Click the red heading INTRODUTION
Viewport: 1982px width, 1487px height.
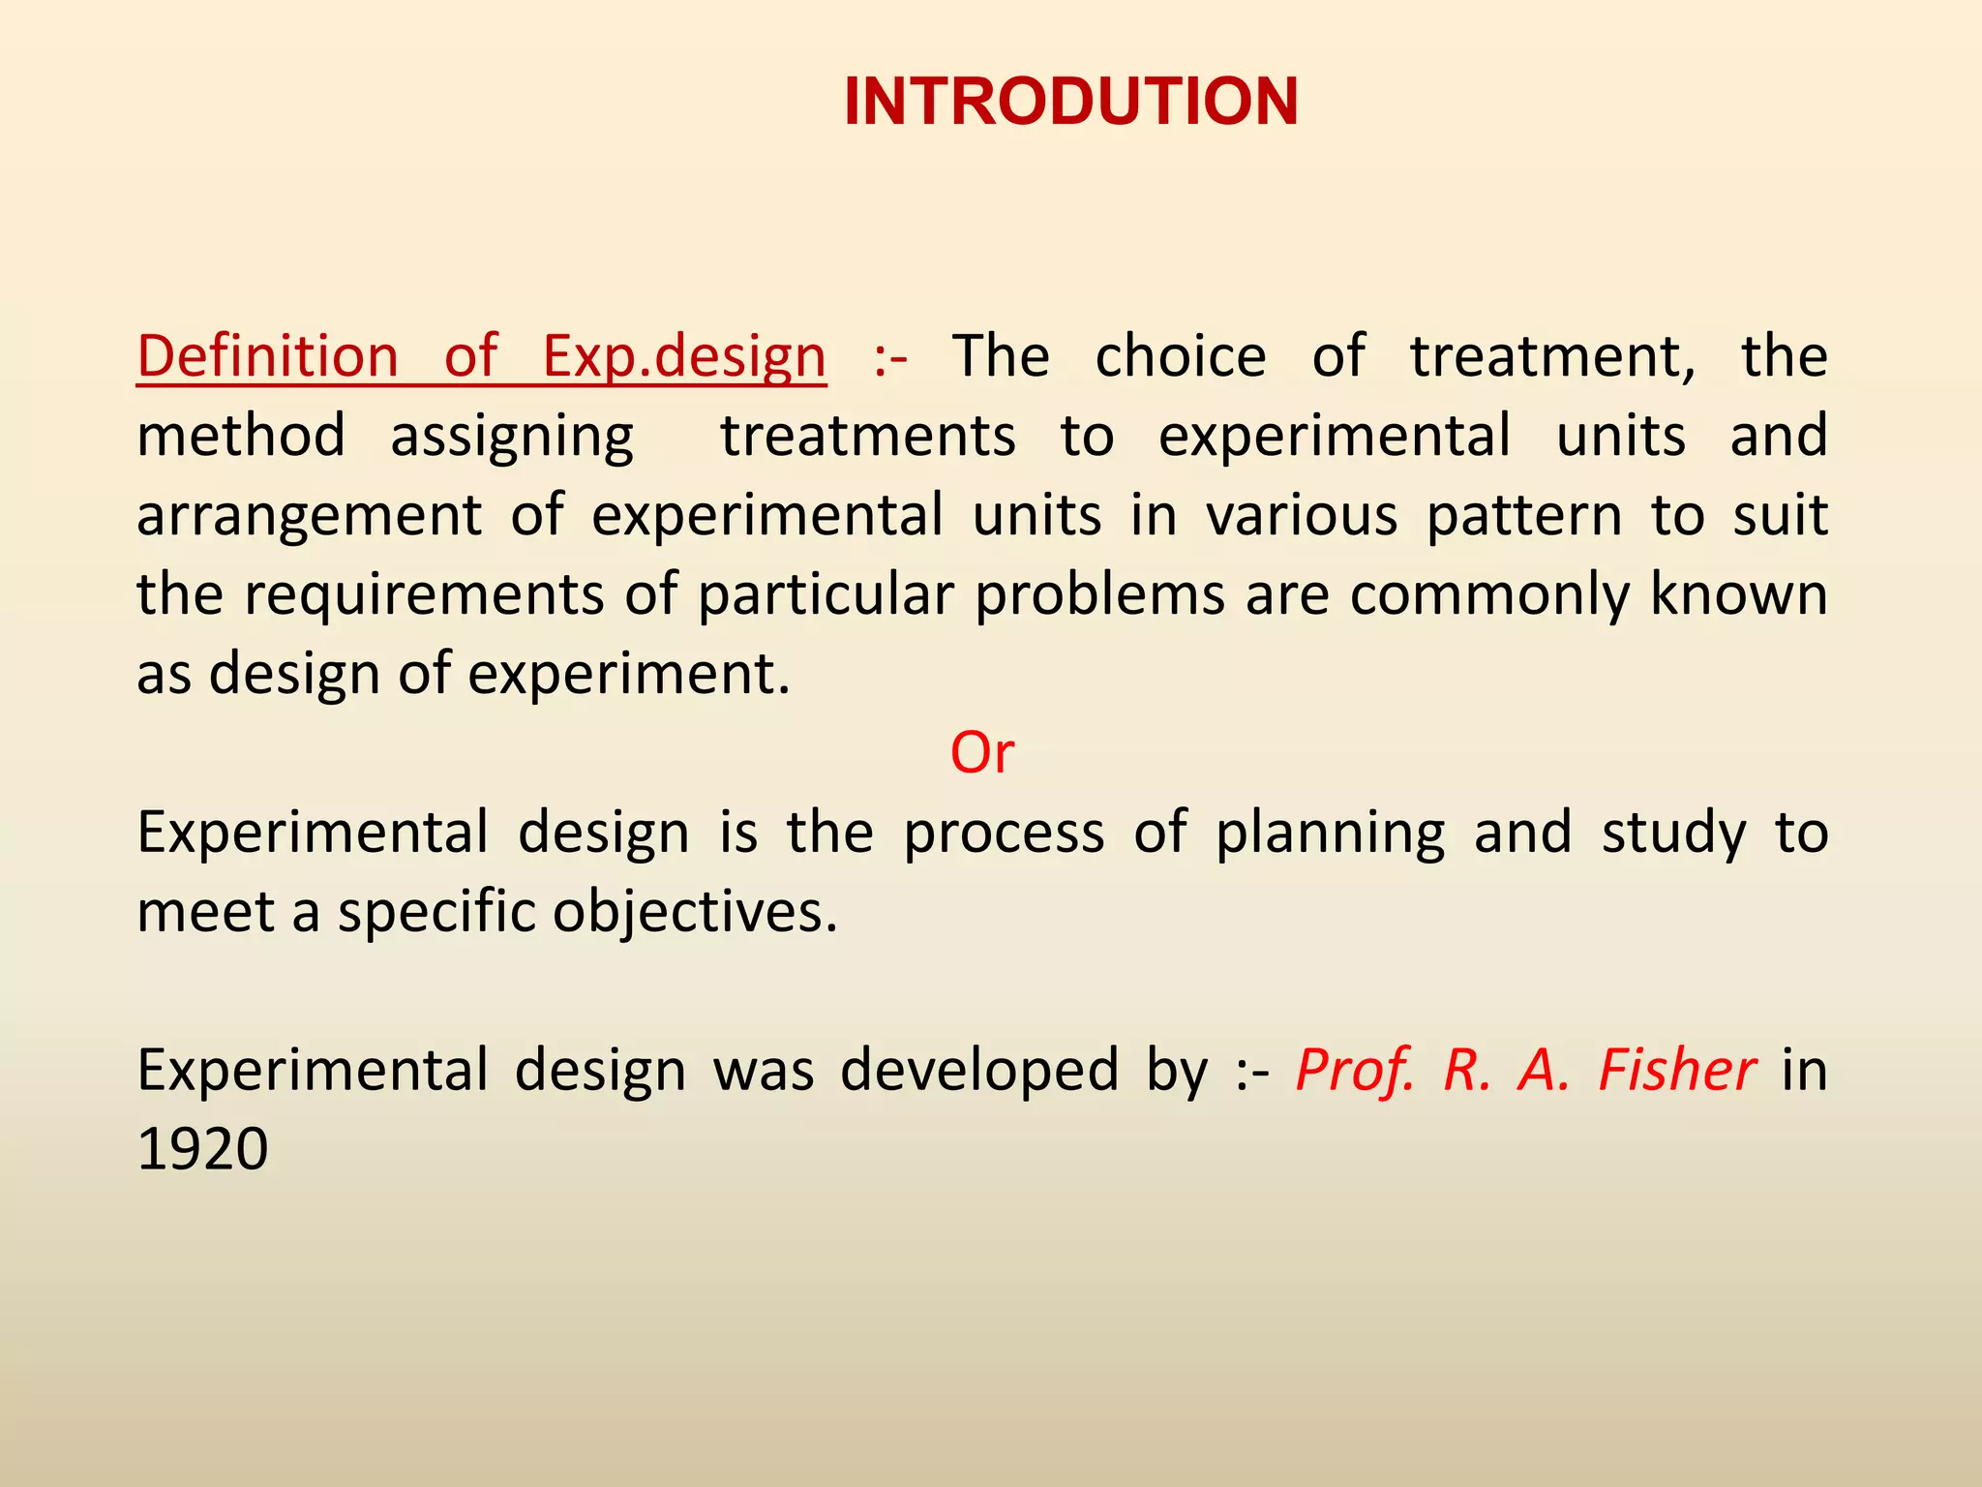click(1070, 102)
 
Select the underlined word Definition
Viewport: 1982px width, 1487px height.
click(267, 356)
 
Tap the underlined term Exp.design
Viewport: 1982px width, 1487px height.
click(683, 356)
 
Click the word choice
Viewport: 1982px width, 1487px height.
click(1180, 356)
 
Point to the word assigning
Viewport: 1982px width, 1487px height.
click(512, 437)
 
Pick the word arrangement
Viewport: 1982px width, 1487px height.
click(309, 516)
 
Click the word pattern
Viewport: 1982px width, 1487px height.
click(1524, 515)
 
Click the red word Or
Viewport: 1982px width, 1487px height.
click(981, 752)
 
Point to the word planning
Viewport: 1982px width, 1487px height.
click(1330, 833)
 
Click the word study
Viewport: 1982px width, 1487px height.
click(1673, 833)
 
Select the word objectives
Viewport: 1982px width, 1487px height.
click(694, 912)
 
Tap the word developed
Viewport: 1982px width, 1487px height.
click(978, 1070)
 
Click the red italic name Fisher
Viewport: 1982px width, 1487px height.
click(1676, 1070)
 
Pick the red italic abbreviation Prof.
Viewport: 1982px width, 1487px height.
click(1355, 1070)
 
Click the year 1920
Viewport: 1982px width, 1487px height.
click(202, 1149)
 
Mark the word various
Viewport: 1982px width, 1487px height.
click(1302, 515)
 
